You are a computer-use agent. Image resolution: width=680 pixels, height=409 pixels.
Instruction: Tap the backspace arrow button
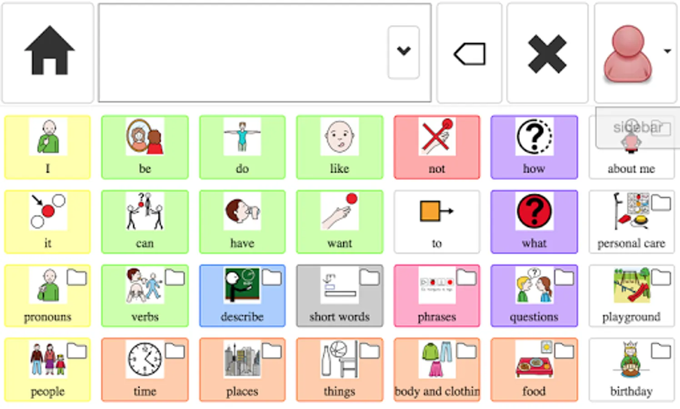(x=469, y=53)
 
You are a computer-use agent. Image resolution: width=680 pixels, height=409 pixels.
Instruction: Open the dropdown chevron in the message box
(x=404, y=52)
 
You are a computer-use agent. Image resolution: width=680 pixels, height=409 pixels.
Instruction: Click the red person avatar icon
(x=627, y=54)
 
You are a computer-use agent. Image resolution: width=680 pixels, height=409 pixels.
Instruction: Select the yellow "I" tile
(x=48, y=147)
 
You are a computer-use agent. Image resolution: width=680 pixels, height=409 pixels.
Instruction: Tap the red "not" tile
(x=437, y=147)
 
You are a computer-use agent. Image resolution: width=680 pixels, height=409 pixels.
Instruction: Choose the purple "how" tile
(x=534, y=147)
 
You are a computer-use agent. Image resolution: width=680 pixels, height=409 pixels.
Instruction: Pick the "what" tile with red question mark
(x=534, y=222)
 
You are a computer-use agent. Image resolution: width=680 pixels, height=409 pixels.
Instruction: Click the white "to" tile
(x=437, y=222)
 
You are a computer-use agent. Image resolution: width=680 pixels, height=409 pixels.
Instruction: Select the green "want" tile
(x=340, y=222)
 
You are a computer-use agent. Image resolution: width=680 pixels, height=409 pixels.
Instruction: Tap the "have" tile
(x=242, y=222)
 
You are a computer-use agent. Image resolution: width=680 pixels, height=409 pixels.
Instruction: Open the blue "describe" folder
(x=242, y=296)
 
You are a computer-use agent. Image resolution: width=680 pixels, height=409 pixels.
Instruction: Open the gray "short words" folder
(x=340, y=296)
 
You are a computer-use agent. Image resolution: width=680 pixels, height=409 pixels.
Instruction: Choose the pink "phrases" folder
(x=437, y=296)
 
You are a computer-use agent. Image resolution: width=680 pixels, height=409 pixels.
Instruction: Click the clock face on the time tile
(x=145, y=359)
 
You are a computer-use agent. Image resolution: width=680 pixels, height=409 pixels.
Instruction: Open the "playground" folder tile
(x=631, y=296)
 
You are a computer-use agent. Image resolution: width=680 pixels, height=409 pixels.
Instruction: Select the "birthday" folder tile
(x=631, y=370)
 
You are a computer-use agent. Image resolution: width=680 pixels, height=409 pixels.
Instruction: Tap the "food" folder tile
(x=534, y=370)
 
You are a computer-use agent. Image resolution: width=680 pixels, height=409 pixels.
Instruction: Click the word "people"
(x=48, y=392)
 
